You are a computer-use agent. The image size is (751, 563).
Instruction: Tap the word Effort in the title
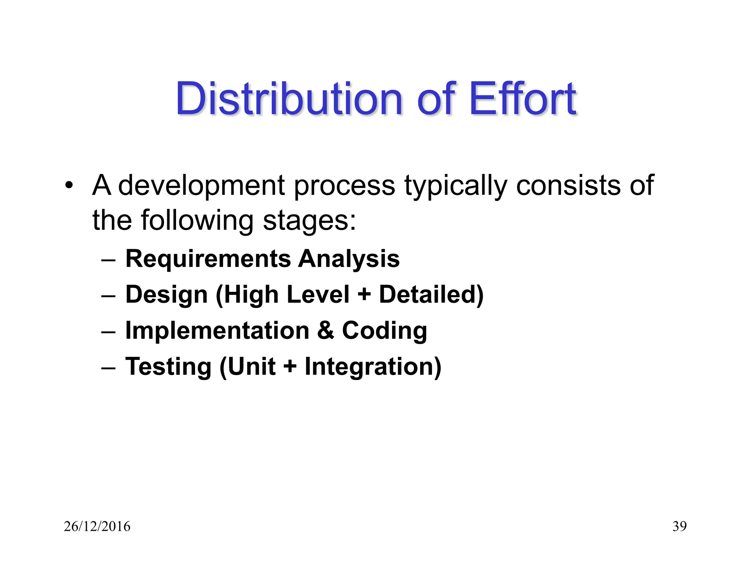pos(522,99)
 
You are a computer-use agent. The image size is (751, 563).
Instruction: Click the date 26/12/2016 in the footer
pos(97,526)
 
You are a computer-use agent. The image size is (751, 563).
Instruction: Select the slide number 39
pos(679,526)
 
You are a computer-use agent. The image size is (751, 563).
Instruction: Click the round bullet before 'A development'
pos(69,185)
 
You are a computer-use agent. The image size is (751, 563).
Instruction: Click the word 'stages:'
pos(309,221)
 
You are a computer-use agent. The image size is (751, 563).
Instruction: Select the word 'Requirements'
pos(208,259)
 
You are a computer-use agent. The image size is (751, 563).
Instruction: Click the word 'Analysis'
pos(349,259)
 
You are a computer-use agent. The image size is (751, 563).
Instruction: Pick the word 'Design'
pos(166,295)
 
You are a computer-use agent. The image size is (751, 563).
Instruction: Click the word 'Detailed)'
pos(431,294)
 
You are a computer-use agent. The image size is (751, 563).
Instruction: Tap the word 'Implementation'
pos(217,331)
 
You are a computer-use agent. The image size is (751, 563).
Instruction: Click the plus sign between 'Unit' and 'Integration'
pos(290,367)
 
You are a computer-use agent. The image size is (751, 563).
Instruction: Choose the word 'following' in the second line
pos(197,221)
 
